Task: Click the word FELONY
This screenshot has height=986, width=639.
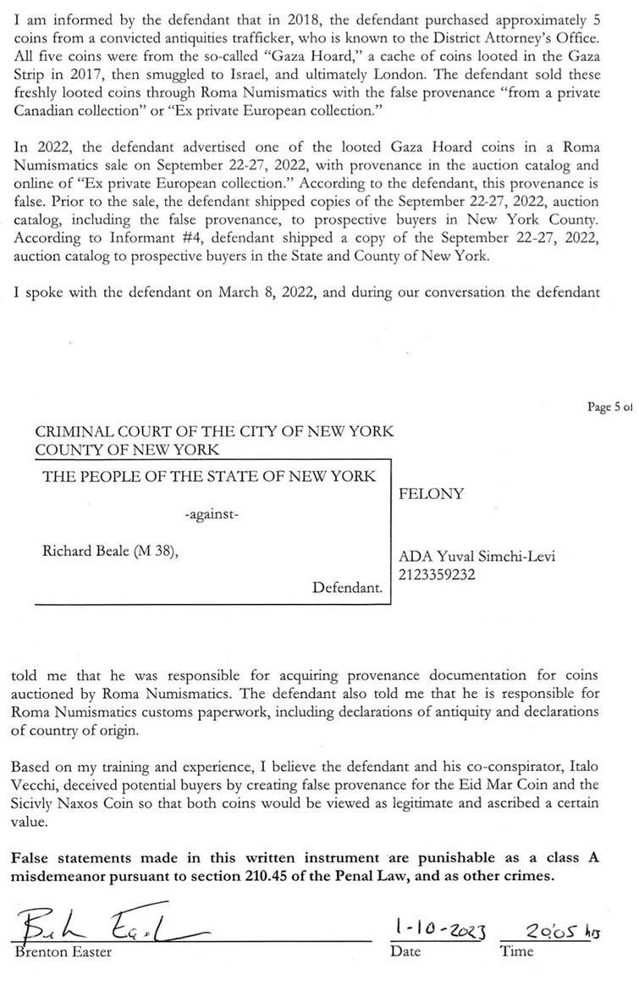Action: pos(431,495)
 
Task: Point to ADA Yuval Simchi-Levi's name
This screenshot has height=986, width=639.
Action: pos(476,557)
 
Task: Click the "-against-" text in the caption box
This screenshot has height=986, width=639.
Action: pos(211,513)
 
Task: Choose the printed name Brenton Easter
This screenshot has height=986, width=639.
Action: pos(63,951)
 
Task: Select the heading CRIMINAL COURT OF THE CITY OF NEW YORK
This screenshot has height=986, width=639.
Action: pos(214,431)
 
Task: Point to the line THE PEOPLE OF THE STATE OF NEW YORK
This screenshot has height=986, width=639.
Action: pos(209,476)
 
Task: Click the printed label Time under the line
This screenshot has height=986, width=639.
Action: pos(516,951)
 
